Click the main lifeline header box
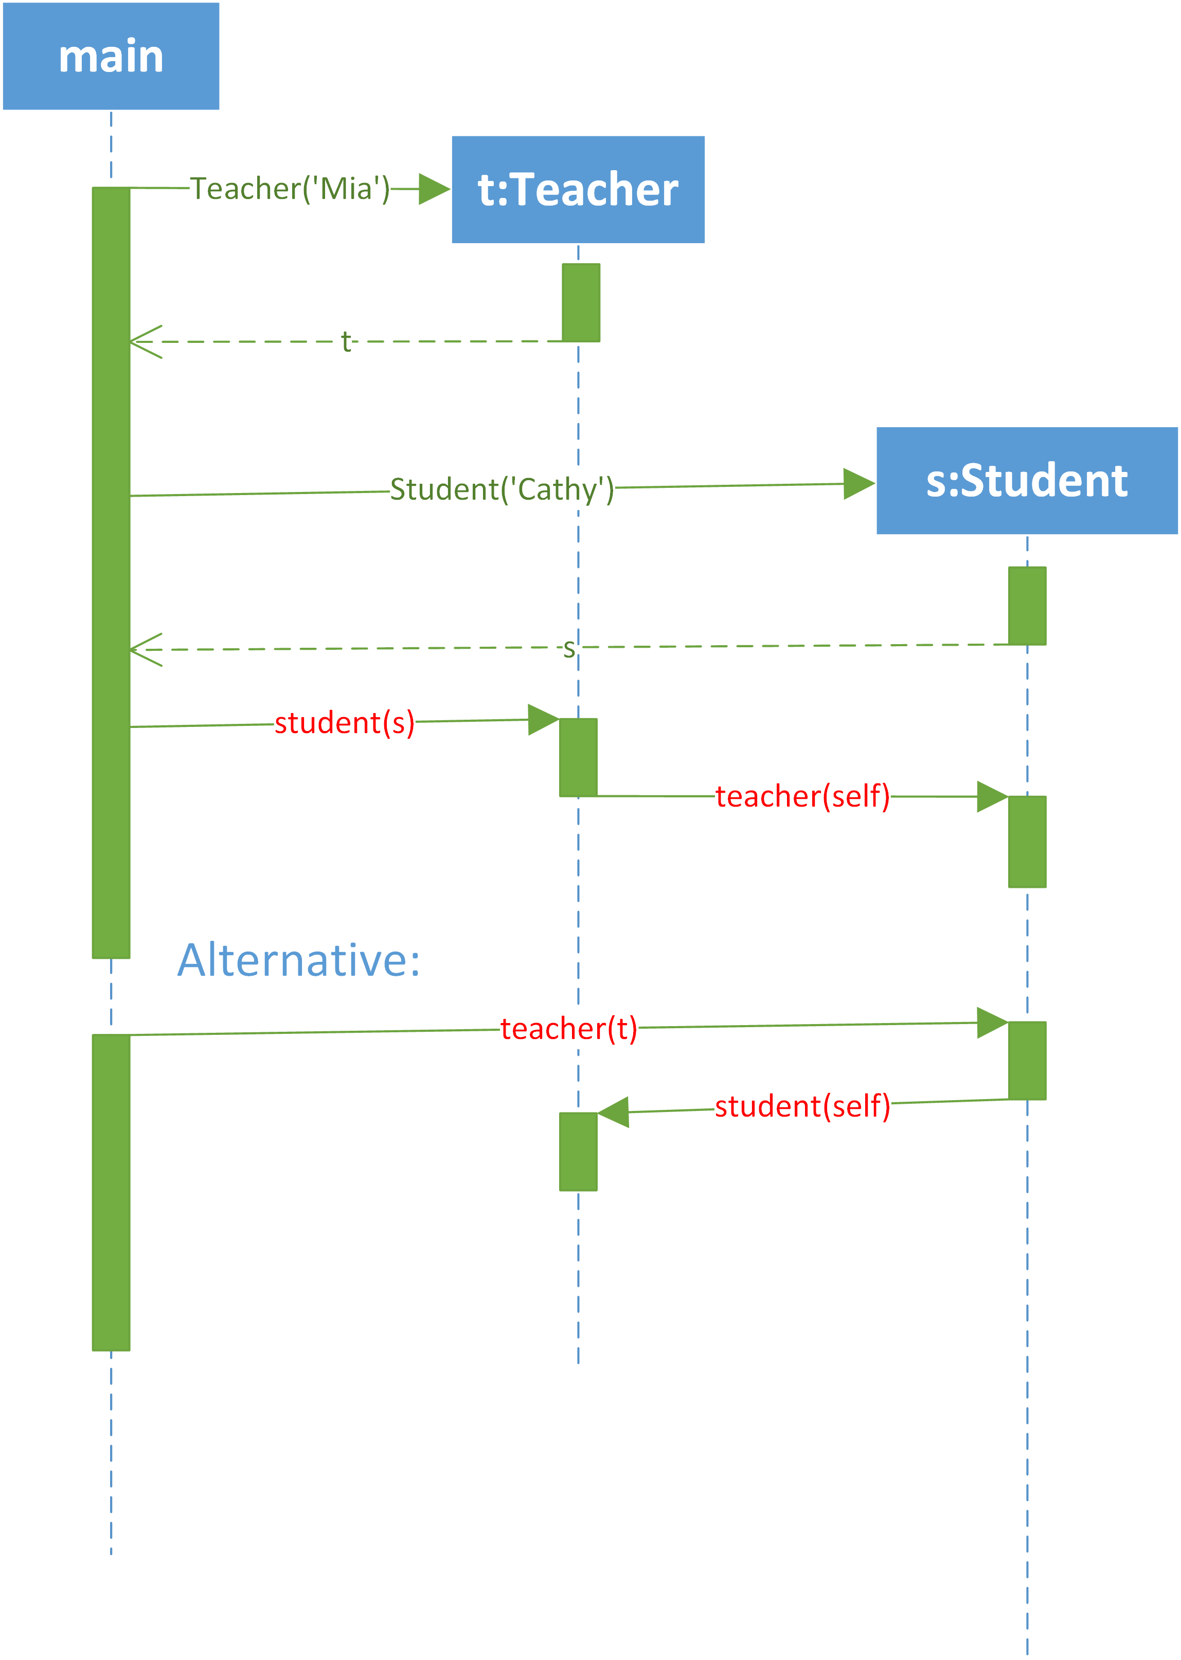click(x=111, y=56)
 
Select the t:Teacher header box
click(x=578, y=190)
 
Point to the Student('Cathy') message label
click(x=502, y=489)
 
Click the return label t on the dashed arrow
click(x=346, y=341)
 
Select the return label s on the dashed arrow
click(x=569, y=648)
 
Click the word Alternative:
click(x=299, y=960)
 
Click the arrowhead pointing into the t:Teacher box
click(x=435, y=189)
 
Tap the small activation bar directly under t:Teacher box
click(x=581, y=302)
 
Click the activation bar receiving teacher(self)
click(x=1027, y=842)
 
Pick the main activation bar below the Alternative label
click(x=111, y=1193)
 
